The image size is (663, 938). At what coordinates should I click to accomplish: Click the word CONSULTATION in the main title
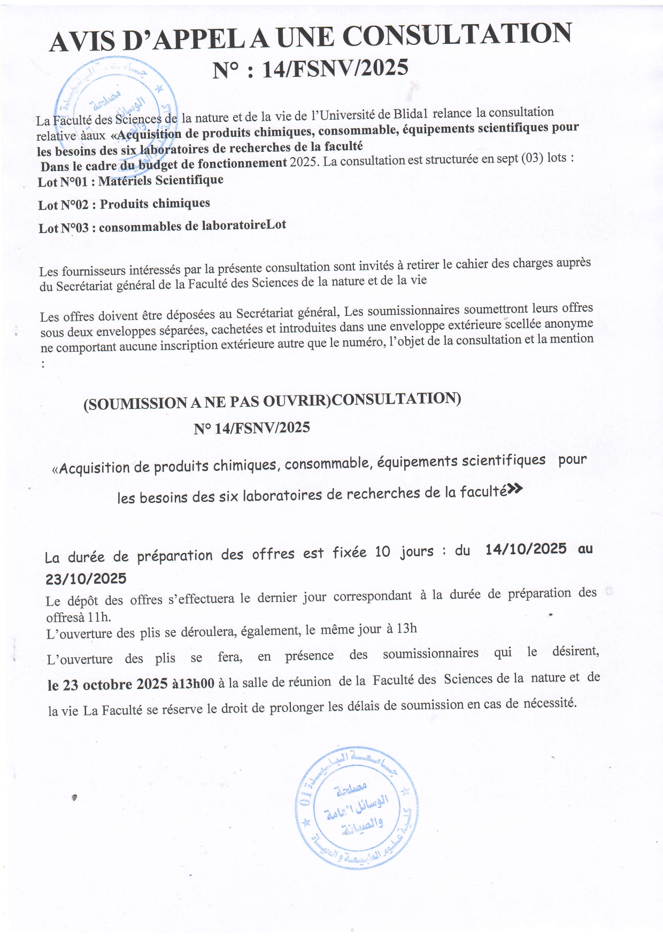coord(457,35)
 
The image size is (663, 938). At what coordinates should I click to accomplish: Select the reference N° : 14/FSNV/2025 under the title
coord(310,69)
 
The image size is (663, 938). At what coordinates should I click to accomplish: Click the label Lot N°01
coord(63,182)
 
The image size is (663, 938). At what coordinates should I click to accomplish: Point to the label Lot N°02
coord(63,205)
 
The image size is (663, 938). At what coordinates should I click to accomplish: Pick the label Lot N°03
coord(63,228)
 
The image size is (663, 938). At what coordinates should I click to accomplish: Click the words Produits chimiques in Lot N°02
coord(155,204)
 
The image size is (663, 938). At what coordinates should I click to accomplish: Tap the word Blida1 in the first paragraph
coord(411,114)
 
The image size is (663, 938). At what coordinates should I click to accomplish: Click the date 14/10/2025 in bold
coord(526,549)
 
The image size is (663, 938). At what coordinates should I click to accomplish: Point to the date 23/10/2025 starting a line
coord(86,579)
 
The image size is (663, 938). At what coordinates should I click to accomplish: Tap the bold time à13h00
coord(193,684)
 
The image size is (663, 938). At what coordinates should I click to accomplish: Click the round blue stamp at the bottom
coord(357,807)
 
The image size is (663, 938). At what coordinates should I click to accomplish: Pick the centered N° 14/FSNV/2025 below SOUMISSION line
coord(252,428)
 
